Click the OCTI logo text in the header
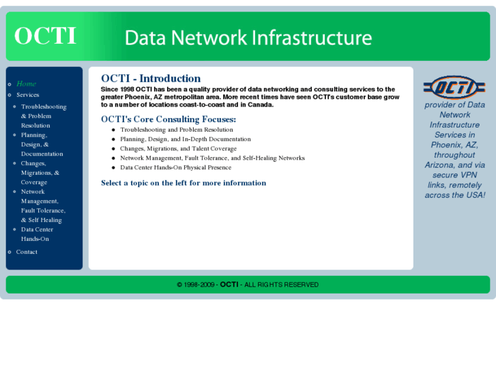[x=45, y=36]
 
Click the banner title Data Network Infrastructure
[x=248, y=37]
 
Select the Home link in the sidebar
[x=26, y=84]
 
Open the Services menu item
[x=28, y=95]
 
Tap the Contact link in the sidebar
[x=27, y=252]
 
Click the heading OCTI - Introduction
[x=151, y=78]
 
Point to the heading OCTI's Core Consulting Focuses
[x=169, y=119]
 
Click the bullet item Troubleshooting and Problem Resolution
[x=176, y=130]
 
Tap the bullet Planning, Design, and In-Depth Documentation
[x=185, y=139]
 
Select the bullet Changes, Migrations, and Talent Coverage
[x=178, y=149]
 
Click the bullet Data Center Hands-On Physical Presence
[x=175, y=167]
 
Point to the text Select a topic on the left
[x=184, y=183]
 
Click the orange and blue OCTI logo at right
[x=454, y=87]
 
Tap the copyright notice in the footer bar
[x=248, y=285]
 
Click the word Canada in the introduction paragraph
[x=259, y=105]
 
